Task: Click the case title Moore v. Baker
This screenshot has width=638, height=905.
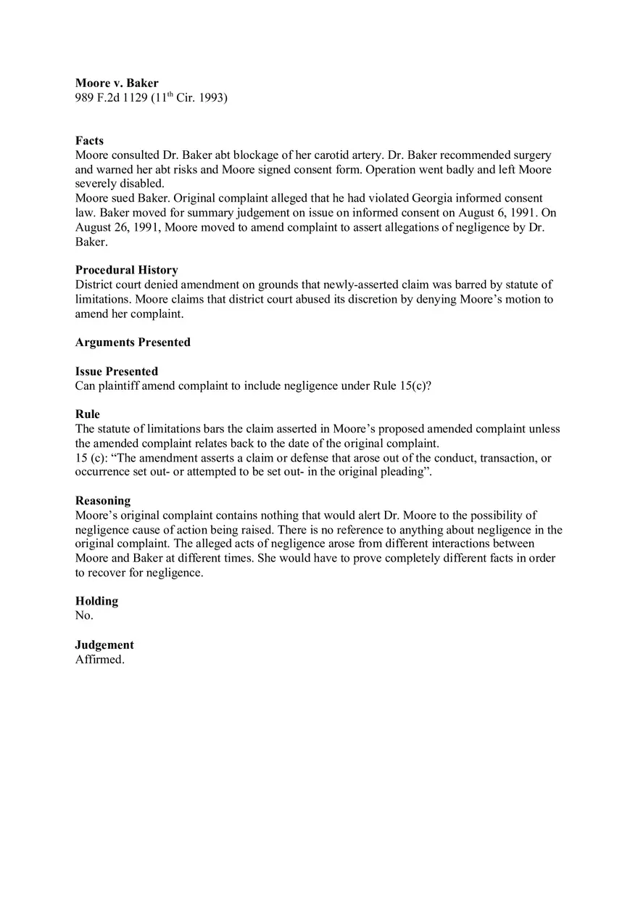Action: point(117,83)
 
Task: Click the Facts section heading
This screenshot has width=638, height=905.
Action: point(89,141)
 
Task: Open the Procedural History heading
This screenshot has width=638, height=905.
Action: point(126,270)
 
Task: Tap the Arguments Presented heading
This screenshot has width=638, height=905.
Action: point(133,343)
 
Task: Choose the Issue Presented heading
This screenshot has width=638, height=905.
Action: point(116,372)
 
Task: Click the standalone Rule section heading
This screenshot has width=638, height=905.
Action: point(88,414)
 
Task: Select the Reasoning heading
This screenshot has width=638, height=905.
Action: point(103,501)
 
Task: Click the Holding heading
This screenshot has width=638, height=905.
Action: point(96,601)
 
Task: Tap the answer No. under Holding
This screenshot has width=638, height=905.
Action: point(84,615)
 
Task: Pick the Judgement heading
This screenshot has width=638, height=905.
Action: point(104,645)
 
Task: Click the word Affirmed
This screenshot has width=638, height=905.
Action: point(99,660)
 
